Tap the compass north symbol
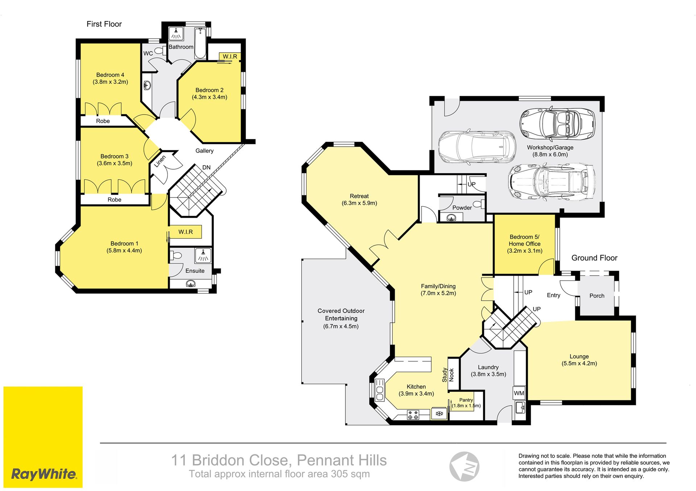tap(464, 467)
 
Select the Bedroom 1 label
tap(124, 247)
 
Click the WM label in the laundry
tap(519, 393)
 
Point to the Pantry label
tap(466, 400)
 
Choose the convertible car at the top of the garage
tap(557, 124)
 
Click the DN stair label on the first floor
tap(206, 168)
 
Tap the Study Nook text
tap(448, 375)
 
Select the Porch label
tap(597, 296)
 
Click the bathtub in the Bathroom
tap(200, 44)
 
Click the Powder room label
tap(462, 208)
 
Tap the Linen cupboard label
tap(160, 161)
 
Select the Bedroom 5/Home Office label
tap(525, 244)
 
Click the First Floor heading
tap(104, 24)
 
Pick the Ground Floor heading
tap(594, 258)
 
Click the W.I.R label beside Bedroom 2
tap(230, 57)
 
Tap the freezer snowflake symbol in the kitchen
tap(439, 413)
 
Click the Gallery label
tap(204, 151)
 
